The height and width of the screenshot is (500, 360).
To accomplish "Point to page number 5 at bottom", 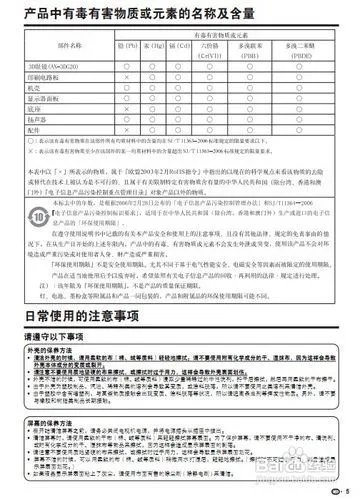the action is tap(346, 489).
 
